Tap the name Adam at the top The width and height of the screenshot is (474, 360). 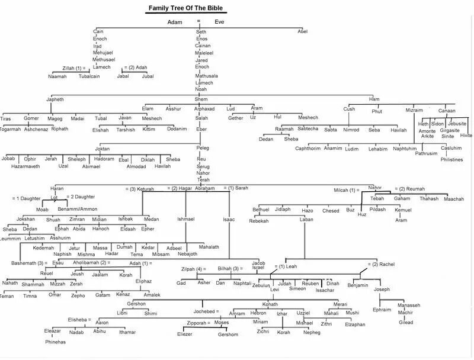175,22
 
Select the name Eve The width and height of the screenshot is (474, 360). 219,22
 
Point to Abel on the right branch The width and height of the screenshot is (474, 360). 303,31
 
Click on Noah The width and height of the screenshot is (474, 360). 201,89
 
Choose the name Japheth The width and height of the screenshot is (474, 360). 55,99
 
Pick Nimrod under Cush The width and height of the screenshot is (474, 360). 351,130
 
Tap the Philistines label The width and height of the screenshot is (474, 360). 451,159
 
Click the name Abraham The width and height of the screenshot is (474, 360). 205,188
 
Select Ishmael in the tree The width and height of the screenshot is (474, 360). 186,219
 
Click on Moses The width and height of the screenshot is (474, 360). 221,323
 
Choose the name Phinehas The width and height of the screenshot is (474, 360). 56,342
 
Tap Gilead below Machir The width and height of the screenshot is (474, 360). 406,322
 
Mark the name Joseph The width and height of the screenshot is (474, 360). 382,289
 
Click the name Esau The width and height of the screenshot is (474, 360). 57,262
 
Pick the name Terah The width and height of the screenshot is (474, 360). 203,179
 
